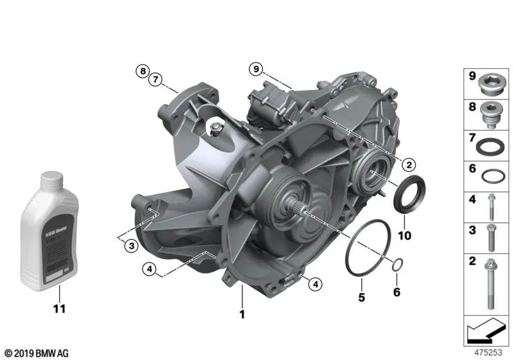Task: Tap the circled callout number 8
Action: [x=141, y=71]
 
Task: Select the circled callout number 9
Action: [x=256, y=68]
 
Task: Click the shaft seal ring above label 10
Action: [x=409, y=194]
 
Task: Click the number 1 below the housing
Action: [x=242, y=314]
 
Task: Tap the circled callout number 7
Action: [x=154, y=80]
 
